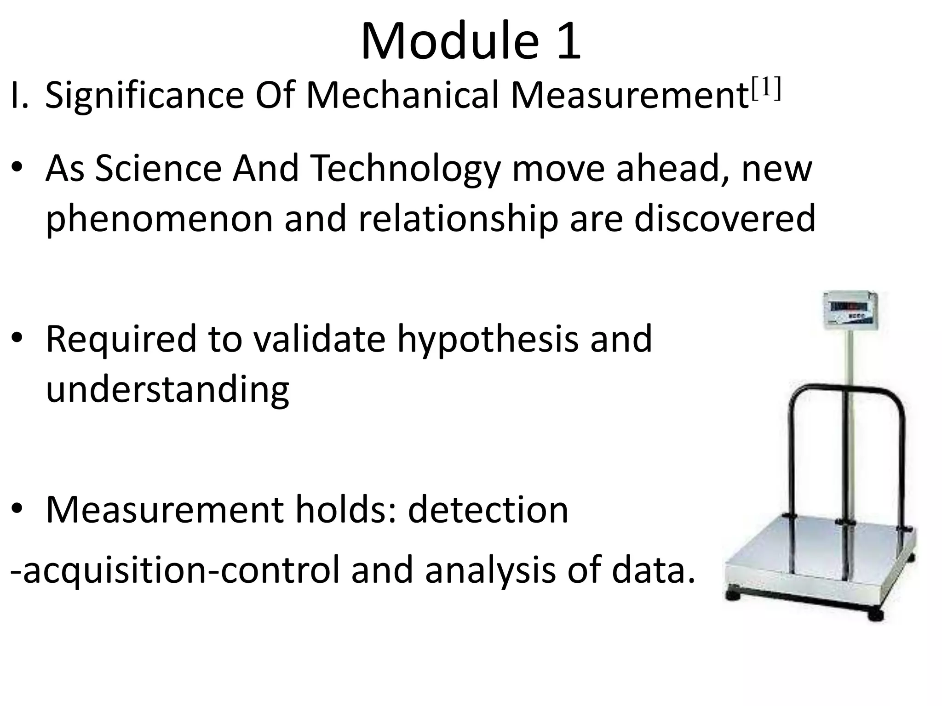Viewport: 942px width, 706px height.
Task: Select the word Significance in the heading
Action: point(145,97)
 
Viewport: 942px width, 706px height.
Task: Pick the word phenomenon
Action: point(159,220)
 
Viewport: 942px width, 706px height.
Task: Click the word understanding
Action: point(167,390)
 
